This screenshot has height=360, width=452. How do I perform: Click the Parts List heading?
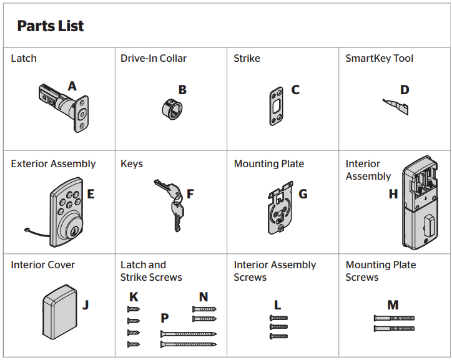pyautogui.click(x=50, y=26)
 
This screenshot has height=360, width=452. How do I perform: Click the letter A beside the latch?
pyautogui.click(x=72, y=86)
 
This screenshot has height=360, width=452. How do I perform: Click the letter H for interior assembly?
pyautogui.click(x=393, y=194)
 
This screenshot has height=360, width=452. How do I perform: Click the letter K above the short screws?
pyautogui.click(x=133, y=297)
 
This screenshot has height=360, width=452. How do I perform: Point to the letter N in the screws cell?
pyautogui.click(x=204, y=297)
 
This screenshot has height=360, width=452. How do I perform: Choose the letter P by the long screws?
pyautogui.click(x=165, y=318)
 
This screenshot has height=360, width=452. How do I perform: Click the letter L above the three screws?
pyautogui.click(x=278, y=305)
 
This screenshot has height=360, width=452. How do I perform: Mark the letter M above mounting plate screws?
pyautogui.click(x=393, y=305)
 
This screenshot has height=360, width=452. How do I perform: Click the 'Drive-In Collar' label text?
pyautogui.click(x=154, y=59)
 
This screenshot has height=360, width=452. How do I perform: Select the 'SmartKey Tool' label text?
pyautogui.click(x=379, y=59)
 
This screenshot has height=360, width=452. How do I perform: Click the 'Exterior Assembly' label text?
pyautogui.click(x=53, y=164)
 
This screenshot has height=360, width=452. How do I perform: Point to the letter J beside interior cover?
pyautogui.click(x=86, y=305)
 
